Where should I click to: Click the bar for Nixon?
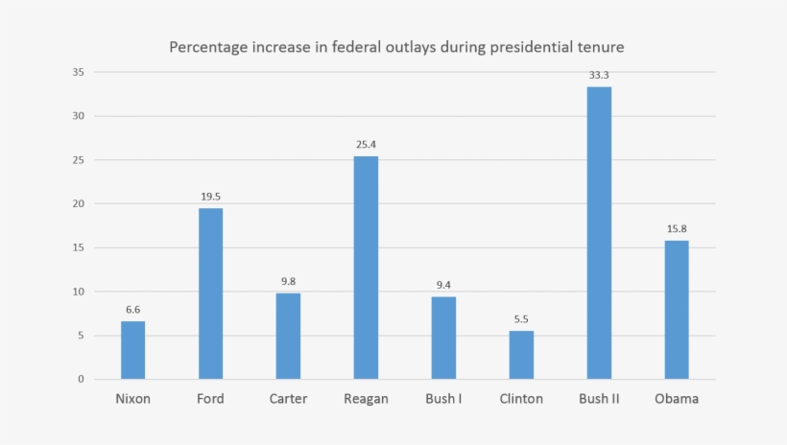tap(132, 350)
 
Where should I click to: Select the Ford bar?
tap(210, 293)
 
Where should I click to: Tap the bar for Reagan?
tap(366, 268)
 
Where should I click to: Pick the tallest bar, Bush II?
tap(599, 233)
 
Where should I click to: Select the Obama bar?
tap(677, 310)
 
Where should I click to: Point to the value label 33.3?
tap(599, 75)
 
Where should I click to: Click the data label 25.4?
tap(366, 145)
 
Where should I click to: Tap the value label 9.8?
tap(288, 281)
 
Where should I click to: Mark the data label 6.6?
tap(132, 309)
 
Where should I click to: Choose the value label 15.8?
tap(677, 228)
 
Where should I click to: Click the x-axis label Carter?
tap(288, 399)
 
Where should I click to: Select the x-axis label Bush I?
tap(443, 399)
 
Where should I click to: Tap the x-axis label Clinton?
tap(521, 399)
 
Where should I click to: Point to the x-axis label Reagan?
tap(366, 399)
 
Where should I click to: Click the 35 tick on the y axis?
tap(78, 72)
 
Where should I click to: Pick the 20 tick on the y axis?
tap(78, 203)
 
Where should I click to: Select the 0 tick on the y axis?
tap(81, 379)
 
